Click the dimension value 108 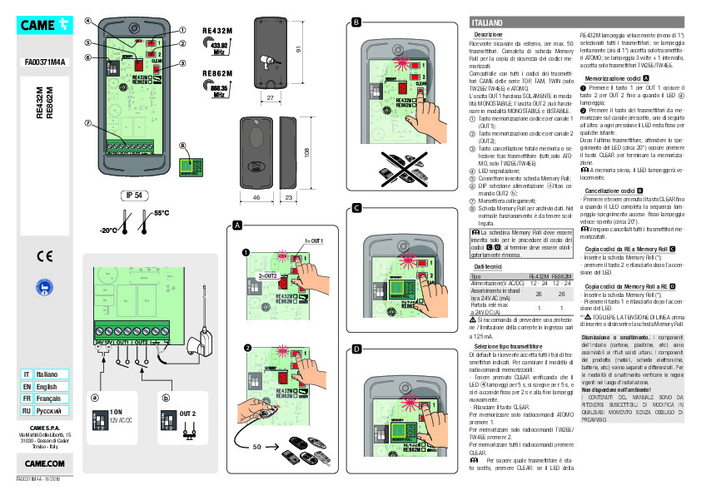click(309, 152)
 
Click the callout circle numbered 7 click(88, 123)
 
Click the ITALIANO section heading click(487, 20)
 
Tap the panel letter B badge click(356, 21)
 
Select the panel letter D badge click(356, 347)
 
